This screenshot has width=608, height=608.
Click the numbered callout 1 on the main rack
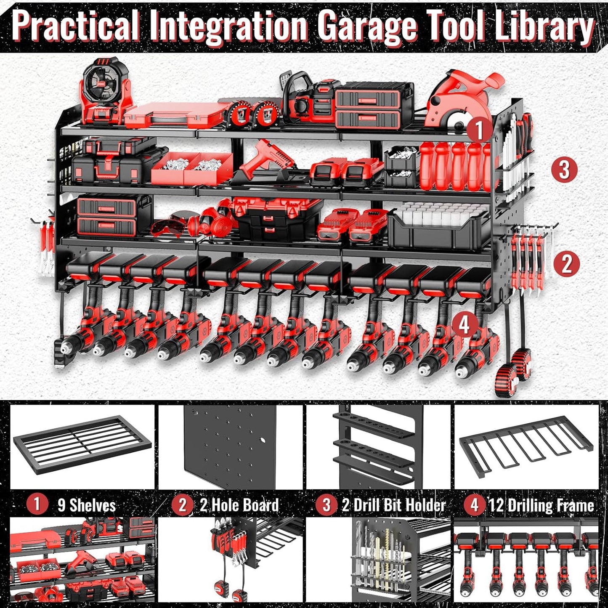click(x=479, y=130)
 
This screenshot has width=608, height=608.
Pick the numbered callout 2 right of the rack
click(x=566, y=264)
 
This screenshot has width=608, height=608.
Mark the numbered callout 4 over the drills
click(x=464, y=325)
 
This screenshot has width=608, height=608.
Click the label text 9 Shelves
click(x=86, y=505)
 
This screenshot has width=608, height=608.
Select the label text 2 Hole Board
click(x=239, y=505)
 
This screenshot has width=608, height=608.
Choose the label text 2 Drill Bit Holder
click(x=393, y=505)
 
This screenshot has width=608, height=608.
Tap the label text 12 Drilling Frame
click(x=541, y=505)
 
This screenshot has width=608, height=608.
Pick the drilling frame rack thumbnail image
click(x=526, y=446)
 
